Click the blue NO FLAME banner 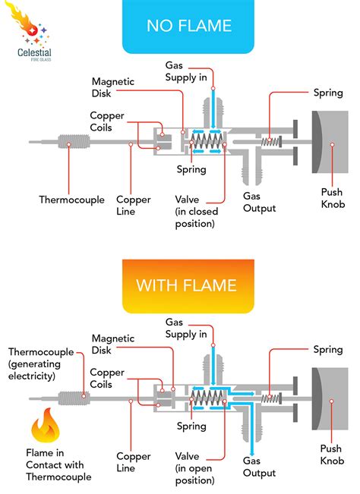188,27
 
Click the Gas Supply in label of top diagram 186,71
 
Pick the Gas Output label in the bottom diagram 258,466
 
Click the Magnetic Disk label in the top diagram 112,87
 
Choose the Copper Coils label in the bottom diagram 107,377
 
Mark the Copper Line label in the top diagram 133,204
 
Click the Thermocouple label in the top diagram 72,200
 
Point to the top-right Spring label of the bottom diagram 328,349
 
